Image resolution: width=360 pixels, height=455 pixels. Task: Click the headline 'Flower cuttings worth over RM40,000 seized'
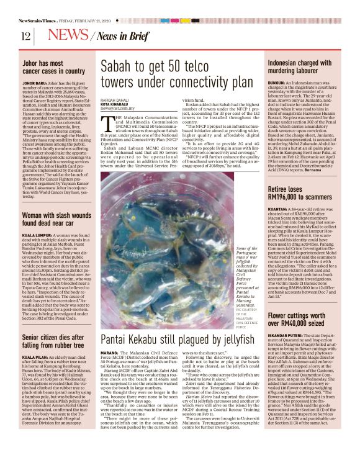[304, 319]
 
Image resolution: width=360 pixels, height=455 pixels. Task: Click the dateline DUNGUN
[277, 82]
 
